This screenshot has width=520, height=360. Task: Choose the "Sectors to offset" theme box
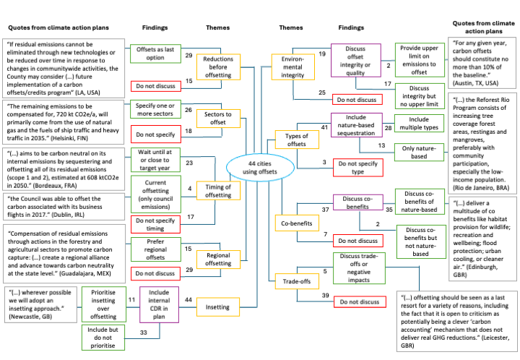219,119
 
